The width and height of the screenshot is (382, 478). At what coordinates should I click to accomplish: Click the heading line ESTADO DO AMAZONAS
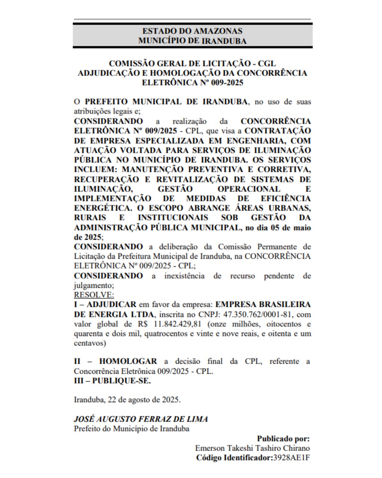pyautogui.click(x=192, y=31)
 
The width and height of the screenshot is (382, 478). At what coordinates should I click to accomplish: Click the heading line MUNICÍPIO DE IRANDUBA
pyautogui.click(x=192, y=41)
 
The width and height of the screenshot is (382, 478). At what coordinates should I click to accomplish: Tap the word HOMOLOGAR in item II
pyautogui.click(x=128, y=361)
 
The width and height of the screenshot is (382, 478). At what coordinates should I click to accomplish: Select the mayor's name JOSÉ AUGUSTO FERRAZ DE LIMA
pyautogui.click(x=141, y=419)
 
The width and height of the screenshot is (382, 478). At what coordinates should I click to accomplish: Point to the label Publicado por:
pyautogui.click(x=283, y=438)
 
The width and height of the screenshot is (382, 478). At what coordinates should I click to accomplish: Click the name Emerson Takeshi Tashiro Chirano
pyautogui.click(x=252, y=448)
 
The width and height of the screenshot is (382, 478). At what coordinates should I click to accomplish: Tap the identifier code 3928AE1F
pyautogui.click(x=292, y=458)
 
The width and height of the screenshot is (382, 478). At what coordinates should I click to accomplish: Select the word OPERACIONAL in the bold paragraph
pyautogui.click(x=249, y=189)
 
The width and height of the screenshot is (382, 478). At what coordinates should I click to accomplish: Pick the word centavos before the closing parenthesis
pyautogui.click(x=88, y=343)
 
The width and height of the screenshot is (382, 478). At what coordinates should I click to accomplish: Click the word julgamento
pyautogui.click(x=93, y=285)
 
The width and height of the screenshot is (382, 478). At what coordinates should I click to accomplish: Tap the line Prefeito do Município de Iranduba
pyautogui.click(x=131, y=429)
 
